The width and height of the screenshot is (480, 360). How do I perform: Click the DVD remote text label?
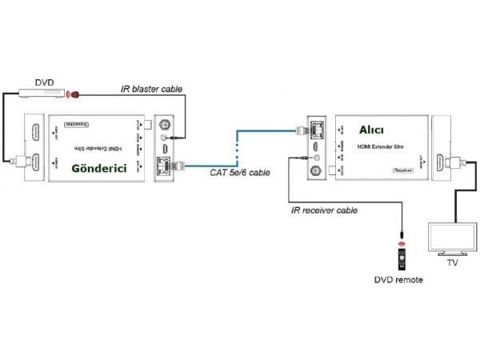coord(398,280)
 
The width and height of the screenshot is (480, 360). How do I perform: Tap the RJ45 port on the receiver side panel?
coord(317,126)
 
